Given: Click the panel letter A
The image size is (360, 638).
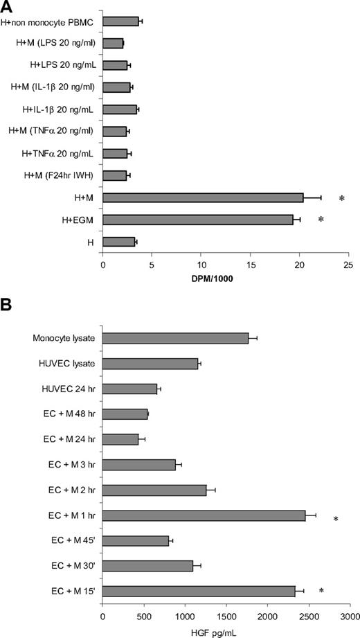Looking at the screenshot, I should pyautogui.click(x=8, y=7).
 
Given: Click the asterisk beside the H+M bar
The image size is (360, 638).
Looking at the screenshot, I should pyautogui.click(x=342, y=200).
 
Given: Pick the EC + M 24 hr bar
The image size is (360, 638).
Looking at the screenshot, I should pyautogui.click(x=120, y=439).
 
